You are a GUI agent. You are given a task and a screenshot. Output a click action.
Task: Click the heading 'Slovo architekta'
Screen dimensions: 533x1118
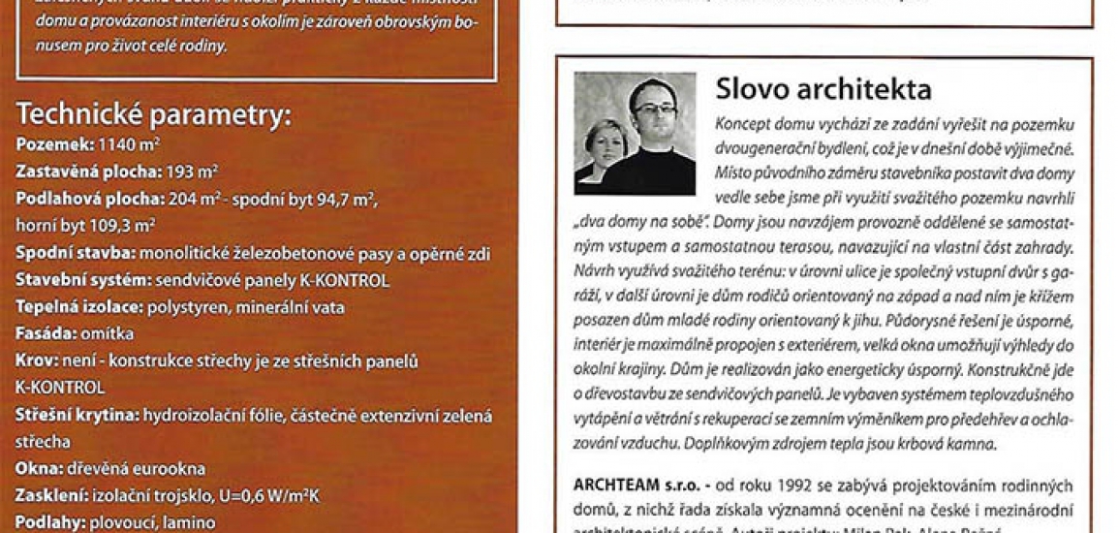[x=823, y=90]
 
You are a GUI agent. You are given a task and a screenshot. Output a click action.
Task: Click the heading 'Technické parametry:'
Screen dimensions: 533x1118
[x=153, y=116]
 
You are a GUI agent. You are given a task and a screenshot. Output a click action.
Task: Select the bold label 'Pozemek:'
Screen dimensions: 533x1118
[x=53, y=144]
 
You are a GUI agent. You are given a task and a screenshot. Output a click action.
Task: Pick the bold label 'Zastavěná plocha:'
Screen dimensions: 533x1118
[x=83, y=172]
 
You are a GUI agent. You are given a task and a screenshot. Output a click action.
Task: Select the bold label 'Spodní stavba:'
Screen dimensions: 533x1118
[x=76, y=253]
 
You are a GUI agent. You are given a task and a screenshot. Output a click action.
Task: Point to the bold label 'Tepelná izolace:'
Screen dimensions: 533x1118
[x=78, y=308]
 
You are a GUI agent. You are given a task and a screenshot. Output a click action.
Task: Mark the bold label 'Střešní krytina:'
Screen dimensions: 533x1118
[x=78, y=416]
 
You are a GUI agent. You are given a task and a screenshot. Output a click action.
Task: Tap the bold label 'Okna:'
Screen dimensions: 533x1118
[x=40, y=469]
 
